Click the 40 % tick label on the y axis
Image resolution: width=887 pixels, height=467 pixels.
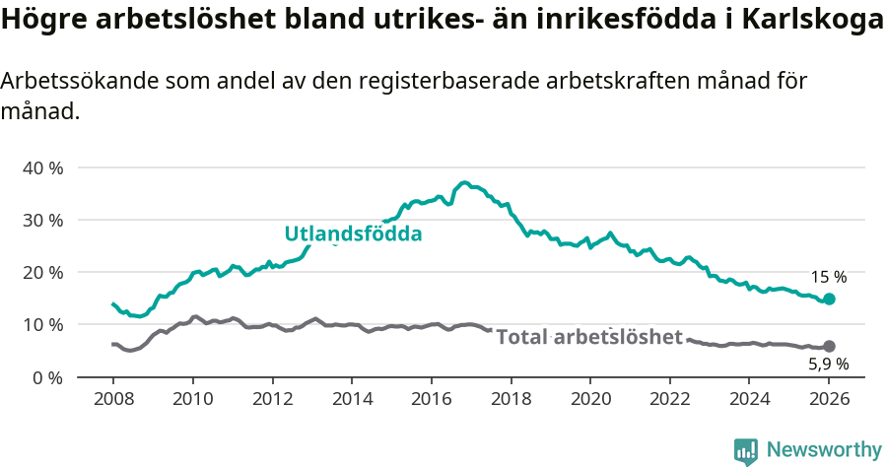pos(42,167)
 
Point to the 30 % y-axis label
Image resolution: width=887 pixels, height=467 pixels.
pos(42,220)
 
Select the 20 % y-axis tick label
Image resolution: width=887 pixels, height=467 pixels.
pos(42,272)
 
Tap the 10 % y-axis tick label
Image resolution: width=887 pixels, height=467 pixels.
pos(42,324)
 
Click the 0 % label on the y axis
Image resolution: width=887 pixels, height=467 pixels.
pos(46,376)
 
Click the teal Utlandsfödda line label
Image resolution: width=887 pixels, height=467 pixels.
pos(353,234)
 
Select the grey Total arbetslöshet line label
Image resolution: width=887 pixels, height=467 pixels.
pos(588,337)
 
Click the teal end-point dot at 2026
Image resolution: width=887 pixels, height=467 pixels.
pos(829,299)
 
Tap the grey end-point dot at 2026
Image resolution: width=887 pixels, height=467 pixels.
pos(829,346)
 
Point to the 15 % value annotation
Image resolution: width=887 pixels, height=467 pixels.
pos(828,277)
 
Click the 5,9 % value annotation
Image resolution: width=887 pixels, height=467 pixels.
pos(827,364)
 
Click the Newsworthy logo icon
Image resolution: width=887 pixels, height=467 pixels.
pos(746,451)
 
